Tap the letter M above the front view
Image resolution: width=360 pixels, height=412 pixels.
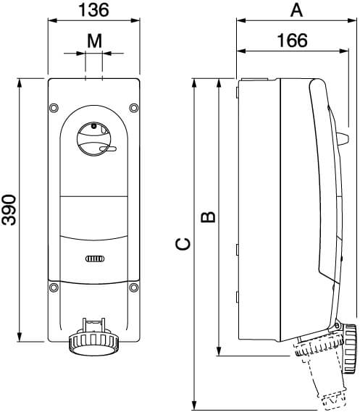(93, 41)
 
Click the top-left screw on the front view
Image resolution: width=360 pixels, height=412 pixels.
(54, 109)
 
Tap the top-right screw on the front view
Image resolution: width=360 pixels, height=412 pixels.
(133, 109)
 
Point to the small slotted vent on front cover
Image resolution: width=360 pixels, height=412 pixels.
(93, 258)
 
